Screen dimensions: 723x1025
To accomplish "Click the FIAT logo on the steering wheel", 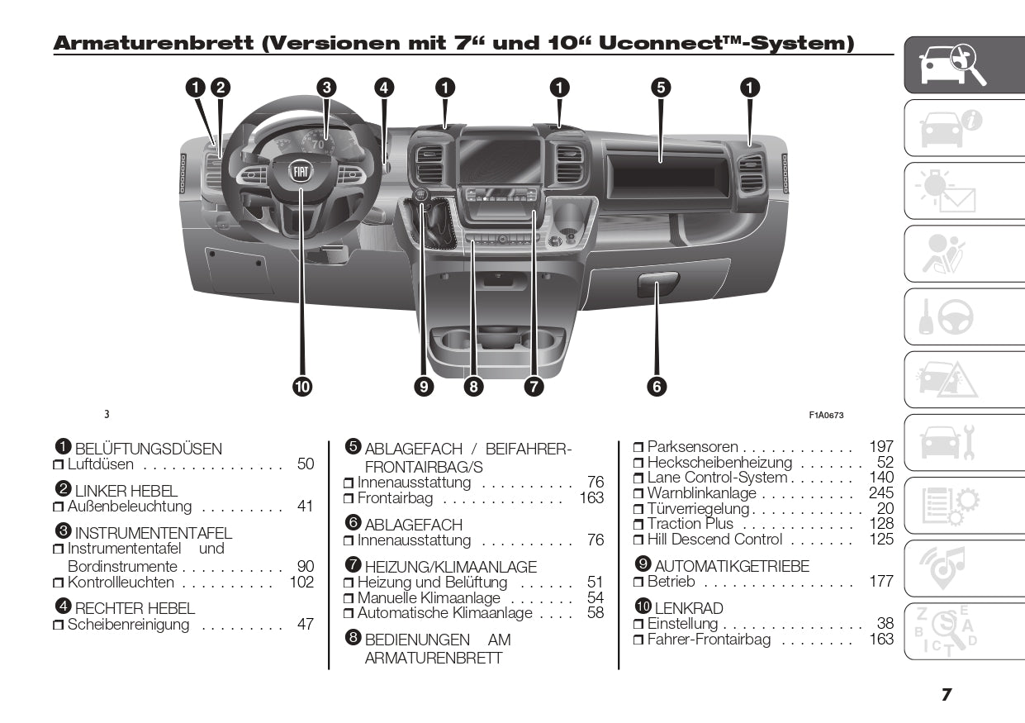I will click(x=301, y=173).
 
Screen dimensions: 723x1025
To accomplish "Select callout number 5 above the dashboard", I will click(x=659, y=87).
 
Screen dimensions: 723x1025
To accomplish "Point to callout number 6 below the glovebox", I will click(x=657, y=385).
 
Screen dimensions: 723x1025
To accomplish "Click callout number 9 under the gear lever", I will click(x=425, y=385).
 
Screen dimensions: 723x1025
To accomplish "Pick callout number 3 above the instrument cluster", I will click(x=326, y=87).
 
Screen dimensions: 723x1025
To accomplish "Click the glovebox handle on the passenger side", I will click(x=657, y=287).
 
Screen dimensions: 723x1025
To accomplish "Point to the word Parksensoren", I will click(x=692, y=447).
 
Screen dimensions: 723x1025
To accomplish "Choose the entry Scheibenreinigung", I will click(x=129, y=625).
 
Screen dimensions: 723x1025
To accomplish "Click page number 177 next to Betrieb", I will click(x=881, y=582).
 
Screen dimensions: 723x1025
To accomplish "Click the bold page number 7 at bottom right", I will click(x=947, y=695).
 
